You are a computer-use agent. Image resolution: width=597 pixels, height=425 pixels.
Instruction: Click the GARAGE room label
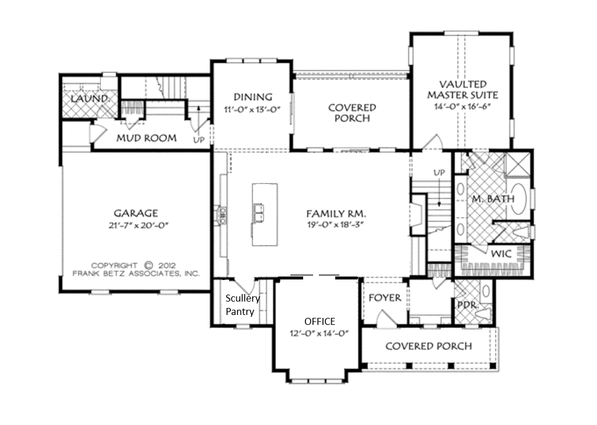click(x=135, y=213)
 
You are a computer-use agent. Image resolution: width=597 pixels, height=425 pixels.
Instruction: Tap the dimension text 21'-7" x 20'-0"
click(x=139, y=225)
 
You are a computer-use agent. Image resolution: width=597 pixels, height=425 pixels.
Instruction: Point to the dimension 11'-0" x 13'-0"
click(x=252, y=110)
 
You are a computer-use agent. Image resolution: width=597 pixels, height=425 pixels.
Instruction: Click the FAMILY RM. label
click(x=336, y=214)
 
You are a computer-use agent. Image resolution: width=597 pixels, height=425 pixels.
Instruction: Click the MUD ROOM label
click(x=146, y=138)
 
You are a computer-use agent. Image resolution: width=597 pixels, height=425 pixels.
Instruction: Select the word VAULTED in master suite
click(x=462, y=84)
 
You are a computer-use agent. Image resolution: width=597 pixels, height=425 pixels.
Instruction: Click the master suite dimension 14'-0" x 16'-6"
click(x=462, y=107)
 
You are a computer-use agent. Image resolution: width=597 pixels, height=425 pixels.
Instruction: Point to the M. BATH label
click(x=493, y=199)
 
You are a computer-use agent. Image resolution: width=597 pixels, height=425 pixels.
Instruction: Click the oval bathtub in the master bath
click(x=518, y=198)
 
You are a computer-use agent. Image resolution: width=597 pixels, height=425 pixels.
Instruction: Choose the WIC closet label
click(x=501, y=254)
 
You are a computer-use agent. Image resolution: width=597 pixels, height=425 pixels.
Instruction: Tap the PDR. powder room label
click(x=468, y=305)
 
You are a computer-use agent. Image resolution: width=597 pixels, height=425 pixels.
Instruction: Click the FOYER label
click(x=385, y=297)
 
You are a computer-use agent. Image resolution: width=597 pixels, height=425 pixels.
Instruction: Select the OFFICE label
click(x=319, y=321)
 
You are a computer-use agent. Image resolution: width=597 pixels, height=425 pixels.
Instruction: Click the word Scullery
click(x=243, y=299)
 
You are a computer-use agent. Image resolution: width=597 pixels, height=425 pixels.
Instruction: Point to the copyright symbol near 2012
click(x=148, y=265)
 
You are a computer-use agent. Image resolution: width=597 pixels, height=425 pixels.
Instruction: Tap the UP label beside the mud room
click(x=199, y=140)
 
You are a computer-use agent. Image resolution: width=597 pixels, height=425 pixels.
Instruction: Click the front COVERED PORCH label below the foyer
click(x=429, y=346)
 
